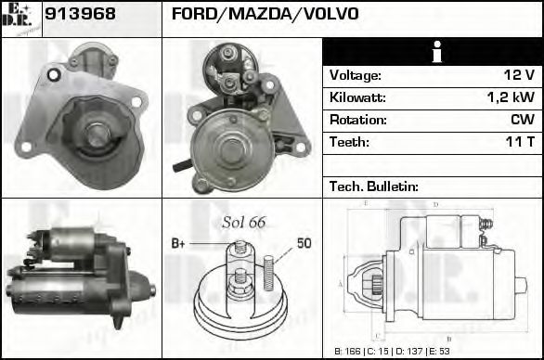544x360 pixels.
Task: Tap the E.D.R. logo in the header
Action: tap(21, 17)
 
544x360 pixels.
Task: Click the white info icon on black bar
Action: tap(433, 53)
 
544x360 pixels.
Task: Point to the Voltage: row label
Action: tap(355, 75)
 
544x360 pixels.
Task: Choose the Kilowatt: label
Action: tap(357, 97)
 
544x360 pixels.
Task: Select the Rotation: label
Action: tap(357, 120)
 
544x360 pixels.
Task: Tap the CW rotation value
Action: tap(522, 120)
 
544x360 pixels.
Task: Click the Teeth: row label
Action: tap(349, 142)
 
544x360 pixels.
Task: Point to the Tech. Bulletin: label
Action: tap(374, 186)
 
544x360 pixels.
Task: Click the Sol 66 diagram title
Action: tap(244, 222)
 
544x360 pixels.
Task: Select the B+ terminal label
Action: tap(179, 243)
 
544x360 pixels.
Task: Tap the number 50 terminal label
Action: tap(304, 243)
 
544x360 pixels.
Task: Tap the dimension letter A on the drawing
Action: tap(341, 283)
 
